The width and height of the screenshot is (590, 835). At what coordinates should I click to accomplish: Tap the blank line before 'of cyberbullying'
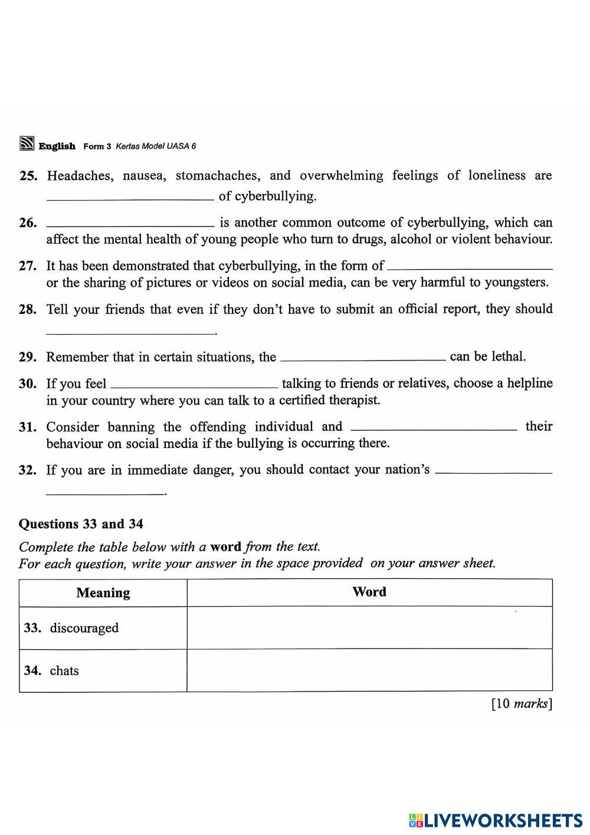tap(130, 199)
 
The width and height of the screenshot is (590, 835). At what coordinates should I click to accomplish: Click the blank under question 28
tap(130, 333)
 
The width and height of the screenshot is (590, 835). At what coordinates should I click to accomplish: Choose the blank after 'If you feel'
tap(194, 387)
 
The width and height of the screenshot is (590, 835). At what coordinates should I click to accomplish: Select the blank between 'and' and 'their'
tap(434, 430)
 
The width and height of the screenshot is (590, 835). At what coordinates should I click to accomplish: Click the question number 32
tap(28, 470)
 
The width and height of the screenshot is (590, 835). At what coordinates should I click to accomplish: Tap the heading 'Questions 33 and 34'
tap(81, 524)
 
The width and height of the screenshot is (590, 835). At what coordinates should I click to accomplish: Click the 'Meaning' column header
tap(103, 593)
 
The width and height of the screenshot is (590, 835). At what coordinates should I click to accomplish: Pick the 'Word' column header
tap(369, 592)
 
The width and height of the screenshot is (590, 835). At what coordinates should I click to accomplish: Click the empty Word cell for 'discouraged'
tap(369, 628)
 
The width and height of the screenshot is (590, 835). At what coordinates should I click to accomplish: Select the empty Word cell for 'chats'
tap(369, 670)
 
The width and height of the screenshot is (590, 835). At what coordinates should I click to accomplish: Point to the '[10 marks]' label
tap(522, 703)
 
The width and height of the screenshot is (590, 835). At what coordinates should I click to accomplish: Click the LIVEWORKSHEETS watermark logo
tap(495, 820)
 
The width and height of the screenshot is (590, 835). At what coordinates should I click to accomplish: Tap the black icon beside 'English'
tap(27, 143)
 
